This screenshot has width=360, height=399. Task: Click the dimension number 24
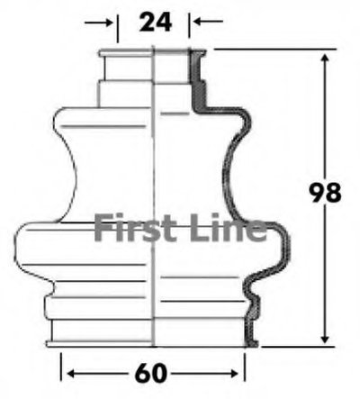156,22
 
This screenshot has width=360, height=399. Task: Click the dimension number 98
325,192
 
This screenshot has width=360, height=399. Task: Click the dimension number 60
150,373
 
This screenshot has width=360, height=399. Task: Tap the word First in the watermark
136,227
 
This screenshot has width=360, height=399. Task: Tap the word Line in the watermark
228,227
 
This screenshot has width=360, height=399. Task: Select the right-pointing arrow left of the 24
98,22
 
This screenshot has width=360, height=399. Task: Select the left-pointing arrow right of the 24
208,22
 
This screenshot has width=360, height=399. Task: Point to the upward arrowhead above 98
325,59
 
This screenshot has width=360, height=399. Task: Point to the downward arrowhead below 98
325,338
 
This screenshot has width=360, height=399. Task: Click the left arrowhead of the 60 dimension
72,374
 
